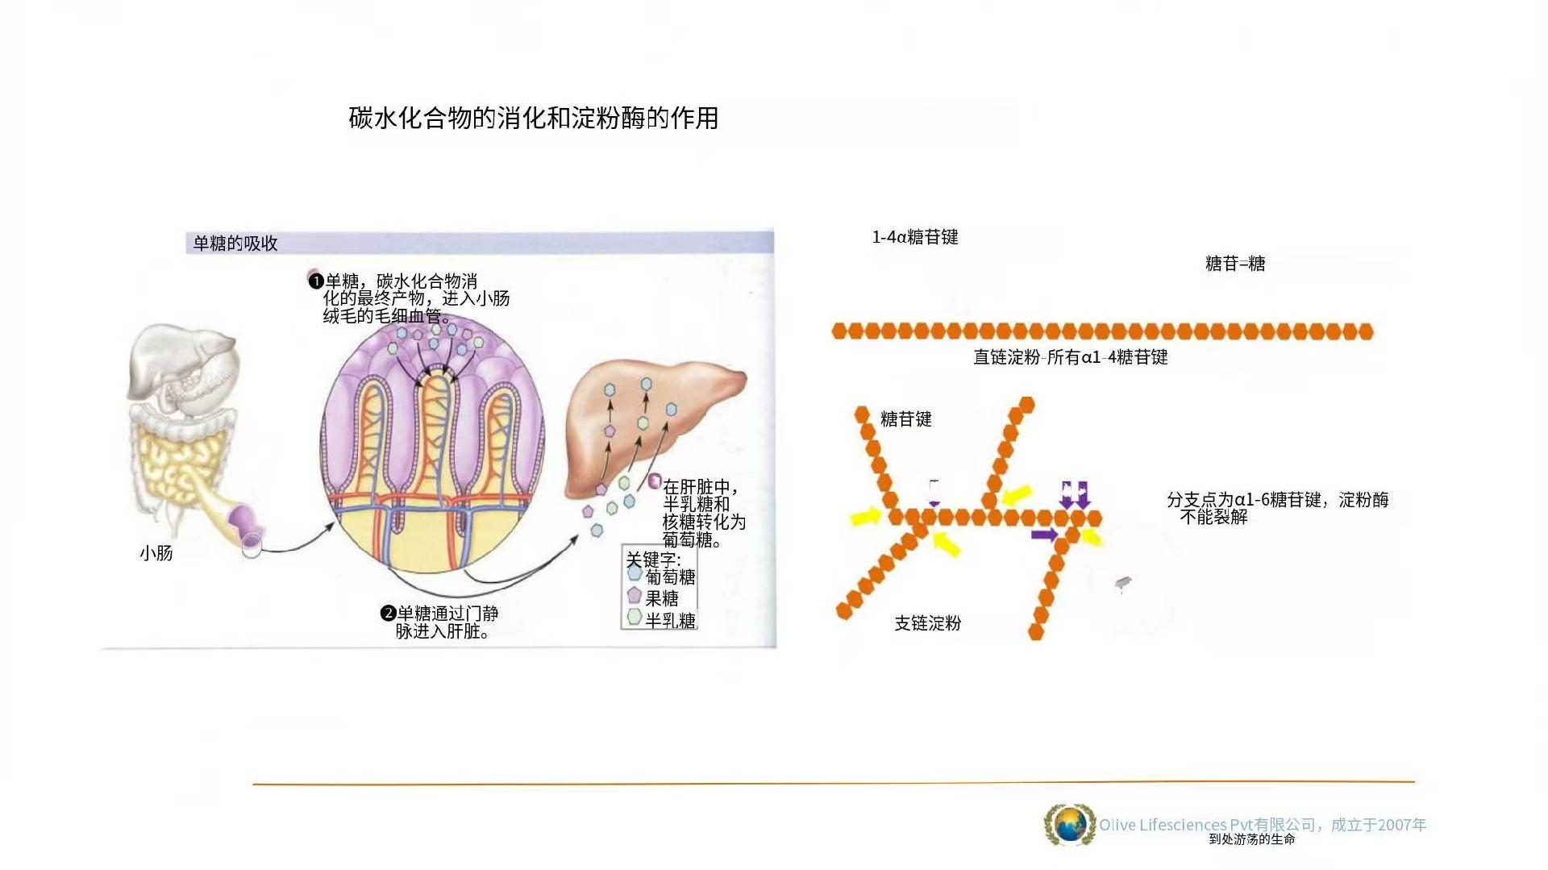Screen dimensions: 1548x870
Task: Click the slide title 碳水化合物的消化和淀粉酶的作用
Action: coord(533,119)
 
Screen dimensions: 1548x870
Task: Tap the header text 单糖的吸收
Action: coord(235,244)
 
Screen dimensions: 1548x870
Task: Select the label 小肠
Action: coord(156,553)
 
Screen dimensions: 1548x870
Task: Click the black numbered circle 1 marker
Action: coord(316,281)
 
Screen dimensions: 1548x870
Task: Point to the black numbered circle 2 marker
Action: coord(388,614)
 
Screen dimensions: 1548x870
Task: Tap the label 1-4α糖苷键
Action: coord(915,237)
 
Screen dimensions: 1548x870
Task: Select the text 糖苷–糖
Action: coord(1235,264)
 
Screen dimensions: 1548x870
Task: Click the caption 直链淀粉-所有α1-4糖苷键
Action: coord(1071,357)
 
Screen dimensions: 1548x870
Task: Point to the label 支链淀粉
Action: coord(928,623)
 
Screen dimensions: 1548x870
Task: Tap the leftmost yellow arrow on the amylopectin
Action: coord(867,516)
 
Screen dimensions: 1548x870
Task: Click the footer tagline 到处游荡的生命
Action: coord(1252,839)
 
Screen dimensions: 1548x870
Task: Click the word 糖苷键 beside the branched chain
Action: coord(906,419)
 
